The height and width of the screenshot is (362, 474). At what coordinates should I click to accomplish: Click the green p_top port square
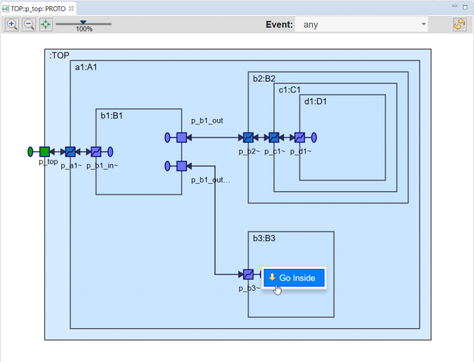pyautogui.click(x=44, y=152)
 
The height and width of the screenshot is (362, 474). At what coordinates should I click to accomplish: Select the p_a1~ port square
pyautogui.click(x=70, y=152)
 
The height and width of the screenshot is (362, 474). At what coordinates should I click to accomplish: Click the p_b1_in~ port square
pyautogui.click(x=96, y=152)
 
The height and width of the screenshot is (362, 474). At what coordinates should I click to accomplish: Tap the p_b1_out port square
pyautogui.click(x=181, y=138)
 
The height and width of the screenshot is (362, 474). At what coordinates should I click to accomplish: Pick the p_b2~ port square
pyautogui.click(x=248, y=138)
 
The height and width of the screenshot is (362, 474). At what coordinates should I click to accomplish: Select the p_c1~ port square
pyautogui.click(x=274, y=138)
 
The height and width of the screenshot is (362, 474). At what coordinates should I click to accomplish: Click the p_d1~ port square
pyautogui.click(x=299, y=138)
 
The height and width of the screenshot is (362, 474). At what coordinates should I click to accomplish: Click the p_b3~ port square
pyautogui.click(x=248, y=274)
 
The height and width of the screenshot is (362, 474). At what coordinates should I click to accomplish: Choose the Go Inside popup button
pyautogui.click(x=294, y=278)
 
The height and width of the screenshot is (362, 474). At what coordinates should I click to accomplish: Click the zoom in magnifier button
pyautogui.click(x=12, y=25)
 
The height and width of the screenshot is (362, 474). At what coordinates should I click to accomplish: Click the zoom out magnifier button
pyautogui.click(x=29, y=25)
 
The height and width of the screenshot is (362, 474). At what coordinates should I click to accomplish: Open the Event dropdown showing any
pyautogui.click(x=362, y=25)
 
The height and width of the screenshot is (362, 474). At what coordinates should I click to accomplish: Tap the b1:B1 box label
pyautogui.click(x=112, y=115)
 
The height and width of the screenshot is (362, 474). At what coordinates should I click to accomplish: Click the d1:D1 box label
pyautogui.click(x=315, y=101)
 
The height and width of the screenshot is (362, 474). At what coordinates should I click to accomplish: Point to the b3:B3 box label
pyautogui.click(x=264, y=238)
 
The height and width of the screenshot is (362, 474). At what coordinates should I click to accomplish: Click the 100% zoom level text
pyautogui.click(x=84, y=30)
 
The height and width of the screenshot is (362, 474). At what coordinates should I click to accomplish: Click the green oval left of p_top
pyautogui.click(x=30, y=152)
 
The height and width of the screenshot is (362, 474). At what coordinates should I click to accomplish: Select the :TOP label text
pyautogui.click(x=59, y=56)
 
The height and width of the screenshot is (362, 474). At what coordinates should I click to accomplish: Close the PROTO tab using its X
pyautogui.click(x=72, y=9)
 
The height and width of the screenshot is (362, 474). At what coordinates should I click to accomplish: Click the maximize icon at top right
pyautogui.click(x=465, y=7)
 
